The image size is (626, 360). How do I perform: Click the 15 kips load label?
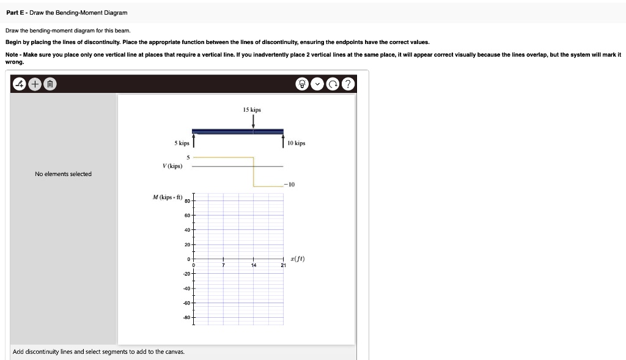coord(251,110)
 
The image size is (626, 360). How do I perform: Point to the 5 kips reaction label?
coord(182,143)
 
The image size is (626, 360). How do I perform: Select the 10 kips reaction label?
coord(296,143)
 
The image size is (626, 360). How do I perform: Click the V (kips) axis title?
coord(172,166)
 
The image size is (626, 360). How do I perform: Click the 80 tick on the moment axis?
coord(187,201)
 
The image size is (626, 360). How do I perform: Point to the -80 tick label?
coord(186,318)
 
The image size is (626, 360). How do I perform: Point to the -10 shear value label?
coord(289,184)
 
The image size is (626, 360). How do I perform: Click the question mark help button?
coord(348,84)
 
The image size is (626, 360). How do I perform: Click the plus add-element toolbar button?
coord(35,84)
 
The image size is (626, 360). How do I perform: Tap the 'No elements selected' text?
coord(63,174)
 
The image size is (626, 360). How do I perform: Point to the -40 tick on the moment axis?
coord(186,288)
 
